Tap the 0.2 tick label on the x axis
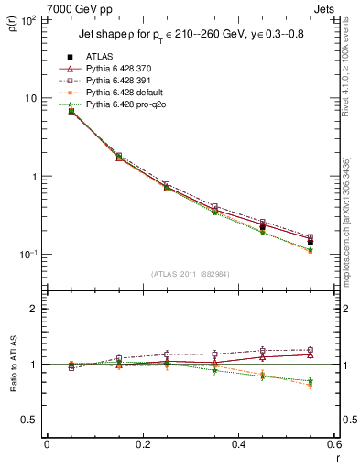[x=142, y=445]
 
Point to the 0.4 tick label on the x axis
[x=237, y=445]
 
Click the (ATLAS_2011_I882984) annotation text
[x=189, y=271]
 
